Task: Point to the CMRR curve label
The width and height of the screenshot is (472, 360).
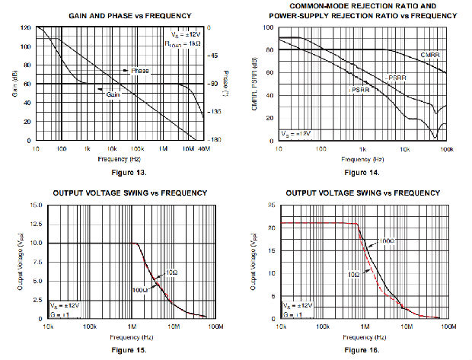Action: point(429,56)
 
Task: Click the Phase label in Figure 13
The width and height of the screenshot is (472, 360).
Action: point(139,71)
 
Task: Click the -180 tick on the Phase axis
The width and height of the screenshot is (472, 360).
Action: point(216,140)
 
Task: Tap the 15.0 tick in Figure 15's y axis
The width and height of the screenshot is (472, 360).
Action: point(37,205)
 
